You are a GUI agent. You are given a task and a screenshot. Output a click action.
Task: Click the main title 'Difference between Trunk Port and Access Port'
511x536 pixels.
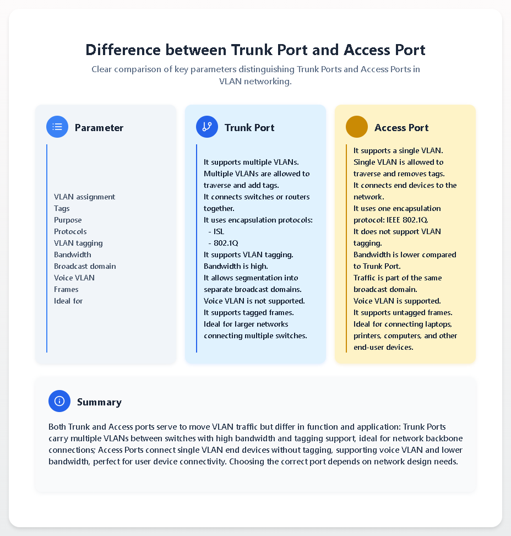tap(255, 50)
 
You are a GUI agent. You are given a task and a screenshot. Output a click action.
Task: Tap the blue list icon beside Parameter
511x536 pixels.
tap(57, 127)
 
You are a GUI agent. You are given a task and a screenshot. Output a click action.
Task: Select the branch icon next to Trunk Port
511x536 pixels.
tap(207, 127)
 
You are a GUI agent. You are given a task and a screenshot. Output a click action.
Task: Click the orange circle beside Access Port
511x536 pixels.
tap(357, 127)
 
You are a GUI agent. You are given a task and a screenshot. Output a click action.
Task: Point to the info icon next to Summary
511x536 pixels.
tap(59, 401)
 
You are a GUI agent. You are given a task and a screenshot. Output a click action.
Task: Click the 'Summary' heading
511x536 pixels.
tap(99, 402)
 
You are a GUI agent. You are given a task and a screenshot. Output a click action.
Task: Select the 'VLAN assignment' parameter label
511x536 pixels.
tap(84, 197)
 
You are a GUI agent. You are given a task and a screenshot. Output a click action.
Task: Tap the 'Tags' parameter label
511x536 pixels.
tap(62, 208)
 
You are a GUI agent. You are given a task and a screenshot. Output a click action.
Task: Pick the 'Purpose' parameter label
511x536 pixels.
tap(68, 220)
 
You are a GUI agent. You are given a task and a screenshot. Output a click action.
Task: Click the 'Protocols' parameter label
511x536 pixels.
tap(70, 231)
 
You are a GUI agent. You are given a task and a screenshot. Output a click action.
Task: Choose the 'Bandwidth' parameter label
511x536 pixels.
tap(73, 255)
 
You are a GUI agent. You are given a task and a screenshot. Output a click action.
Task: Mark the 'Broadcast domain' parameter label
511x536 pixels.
tap(85, 266)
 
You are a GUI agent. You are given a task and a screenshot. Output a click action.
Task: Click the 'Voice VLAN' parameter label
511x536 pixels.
tap(74, 278)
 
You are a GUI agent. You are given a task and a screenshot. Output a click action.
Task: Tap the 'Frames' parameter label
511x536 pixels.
tap(66, 289)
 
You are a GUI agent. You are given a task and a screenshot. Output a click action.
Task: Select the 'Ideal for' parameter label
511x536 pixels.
tap(68, 301)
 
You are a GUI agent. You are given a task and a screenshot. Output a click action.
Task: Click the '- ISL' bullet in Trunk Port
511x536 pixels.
tap(216, 231)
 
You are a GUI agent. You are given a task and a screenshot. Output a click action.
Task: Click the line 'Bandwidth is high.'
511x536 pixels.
tap(236, 266)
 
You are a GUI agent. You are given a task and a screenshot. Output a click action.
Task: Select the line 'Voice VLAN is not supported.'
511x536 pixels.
tap(254, 301)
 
